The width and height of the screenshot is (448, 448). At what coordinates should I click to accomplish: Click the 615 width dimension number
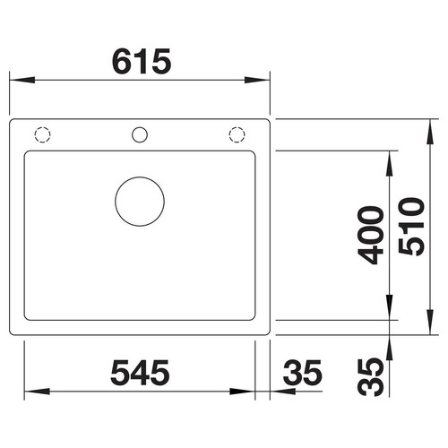click(142, 62)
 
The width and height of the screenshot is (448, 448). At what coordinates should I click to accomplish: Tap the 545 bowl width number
click(140, 373)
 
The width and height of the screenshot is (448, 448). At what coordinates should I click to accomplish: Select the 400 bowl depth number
click(371, 235)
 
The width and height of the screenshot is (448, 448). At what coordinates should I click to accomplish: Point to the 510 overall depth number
click(411, 227)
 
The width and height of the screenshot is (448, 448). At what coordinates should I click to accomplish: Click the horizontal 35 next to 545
click(302, 373)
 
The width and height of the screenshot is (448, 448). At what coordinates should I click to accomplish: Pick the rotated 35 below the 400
click(371, 377)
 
